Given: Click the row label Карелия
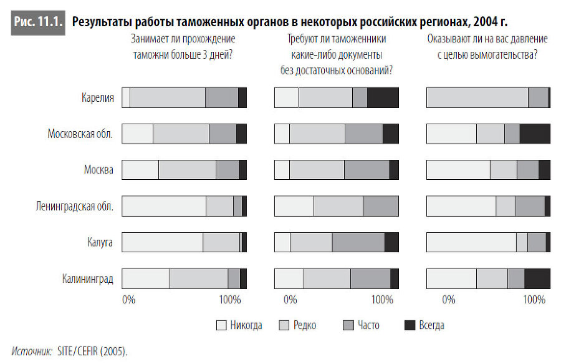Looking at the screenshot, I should point(97,98).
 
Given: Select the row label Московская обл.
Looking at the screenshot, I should point(80,134).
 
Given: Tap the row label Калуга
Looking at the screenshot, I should point(100,242).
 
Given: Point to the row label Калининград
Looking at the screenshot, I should point(87,278).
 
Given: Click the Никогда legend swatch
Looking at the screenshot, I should point(221,325).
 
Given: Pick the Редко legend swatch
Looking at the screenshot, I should point(284,325).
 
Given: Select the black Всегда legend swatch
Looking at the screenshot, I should point(410,325).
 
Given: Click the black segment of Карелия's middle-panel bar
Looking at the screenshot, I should point(383,98).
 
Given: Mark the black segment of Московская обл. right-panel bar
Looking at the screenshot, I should point(535,134).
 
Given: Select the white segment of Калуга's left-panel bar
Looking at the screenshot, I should point(162,242).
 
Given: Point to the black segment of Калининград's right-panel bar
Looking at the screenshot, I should point(537,278).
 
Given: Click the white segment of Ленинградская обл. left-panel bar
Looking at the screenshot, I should point(163,206).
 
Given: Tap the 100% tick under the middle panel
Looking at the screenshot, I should point(382,300).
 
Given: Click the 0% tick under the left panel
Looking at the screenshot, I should point(128,300).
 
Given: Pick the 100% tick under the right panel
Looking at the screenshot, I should point(534,300).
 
